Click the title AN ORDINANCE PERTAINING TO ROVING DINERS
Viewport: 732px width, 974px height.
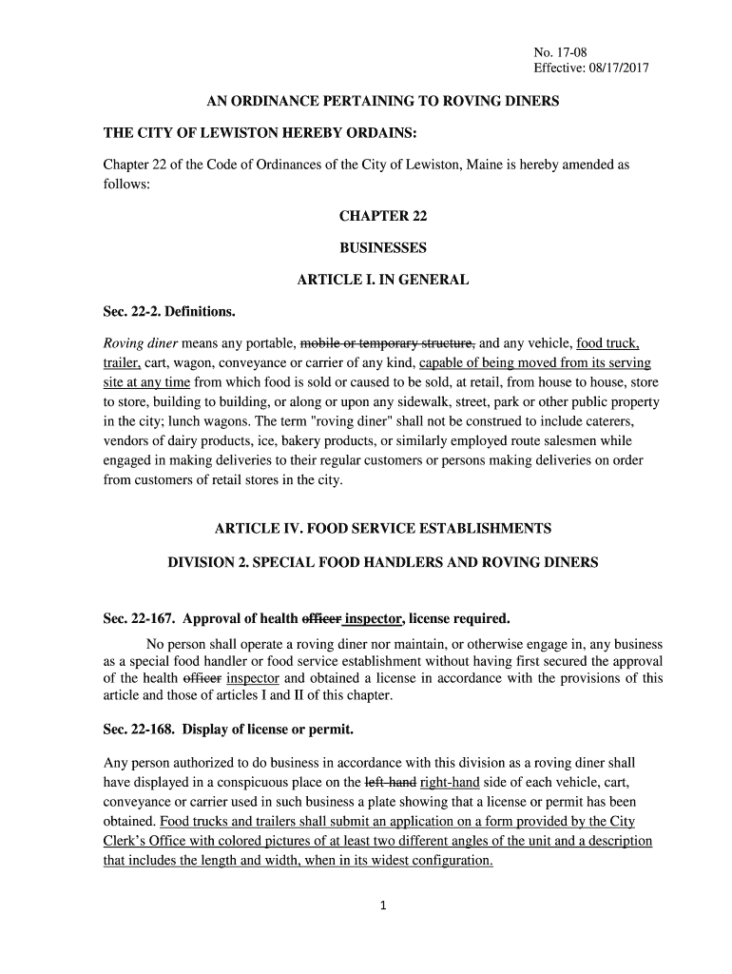(x=383, y=101)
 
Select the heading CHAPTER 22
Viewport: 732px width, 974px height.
(x=383, y=216)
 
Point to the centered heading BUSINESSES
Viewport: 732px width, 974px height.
(x=383, y=248)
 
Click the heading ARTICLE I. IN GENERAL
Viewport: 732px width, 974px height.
(x=383, y=281)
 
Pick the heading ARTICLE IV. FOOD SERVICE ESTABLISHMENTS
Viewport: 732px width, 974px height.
(x=383, y=528)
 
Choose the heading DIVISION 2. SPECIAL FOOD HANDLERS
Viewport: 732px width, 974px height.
(x=383, y=562)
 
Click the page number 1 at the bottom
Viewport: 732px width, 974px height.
(x=381, y=906)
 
